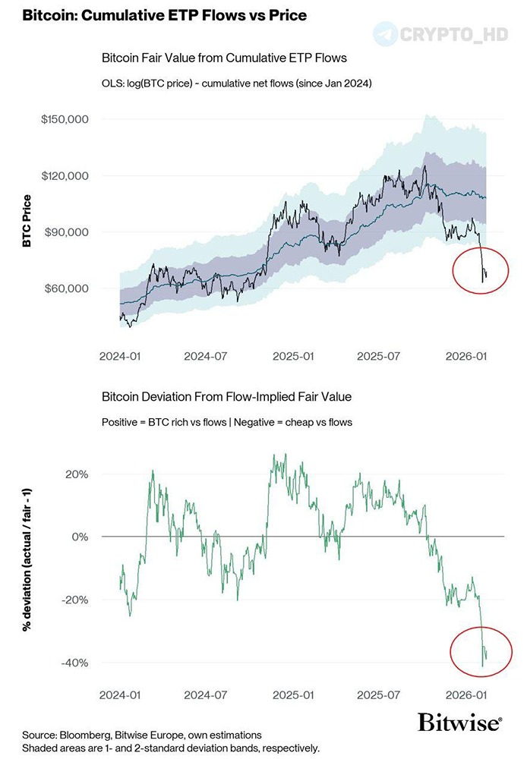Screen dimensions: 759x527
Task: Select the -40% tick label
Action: (74, 663)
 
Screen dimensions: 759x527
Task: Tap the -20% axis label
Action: (74, 600)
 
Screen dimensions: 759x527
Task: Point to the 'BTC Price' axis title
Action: (27, 222)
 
